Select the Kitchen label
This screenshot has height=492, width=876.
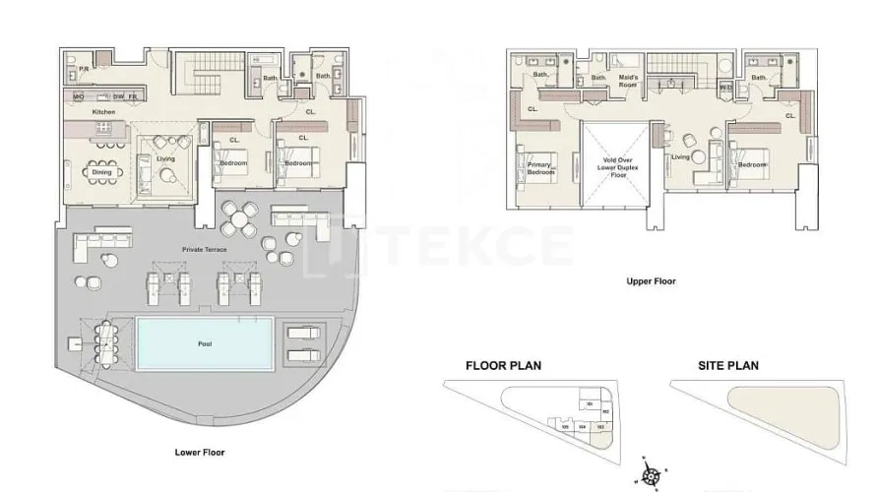pos(103,112)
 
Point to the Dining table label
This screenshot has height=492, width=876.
pos(102,172)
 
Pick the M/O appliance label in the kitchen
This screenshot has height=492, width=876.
pos(79,96)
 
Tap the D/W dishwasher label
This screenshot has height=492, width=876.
pos(117,96)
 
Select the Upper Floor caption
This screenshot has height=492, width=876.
pos(652,281)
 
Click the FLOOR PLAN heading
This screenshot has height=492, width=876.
pos(503,365)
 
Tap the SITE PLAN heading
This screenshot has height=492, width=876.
pos(728,365)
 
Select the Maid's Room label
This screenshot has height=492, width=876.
pos(628,82)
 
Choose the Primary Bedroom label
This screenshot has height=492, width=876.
pos(538,168)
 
